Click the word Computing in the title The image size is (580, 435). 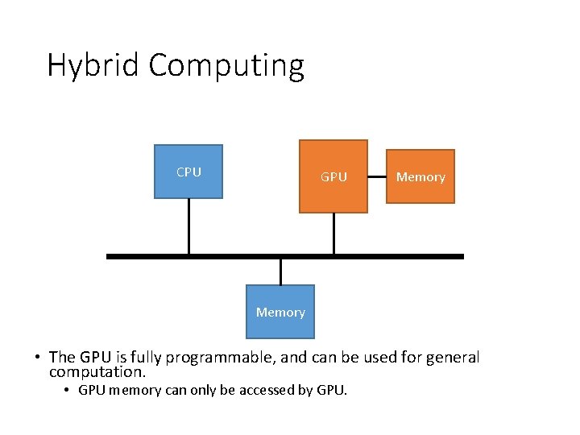click(226, 65)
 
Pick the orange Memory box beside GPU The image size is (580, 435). click(420, 176)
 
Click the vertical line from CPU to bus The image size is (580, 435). click(188, 226)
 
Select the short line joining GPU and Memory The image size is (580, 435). click(377, 176)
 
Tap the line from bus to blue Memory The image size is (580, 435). click(280, 271)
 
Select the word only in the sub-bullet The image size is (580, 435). click(182, 391)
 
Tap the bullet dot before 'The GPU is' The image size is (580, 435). click(38, 358)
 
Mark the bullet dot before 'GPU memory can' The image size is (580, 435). click(68, 391)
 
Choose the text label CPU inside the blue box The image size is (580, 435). click(188, 172)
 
